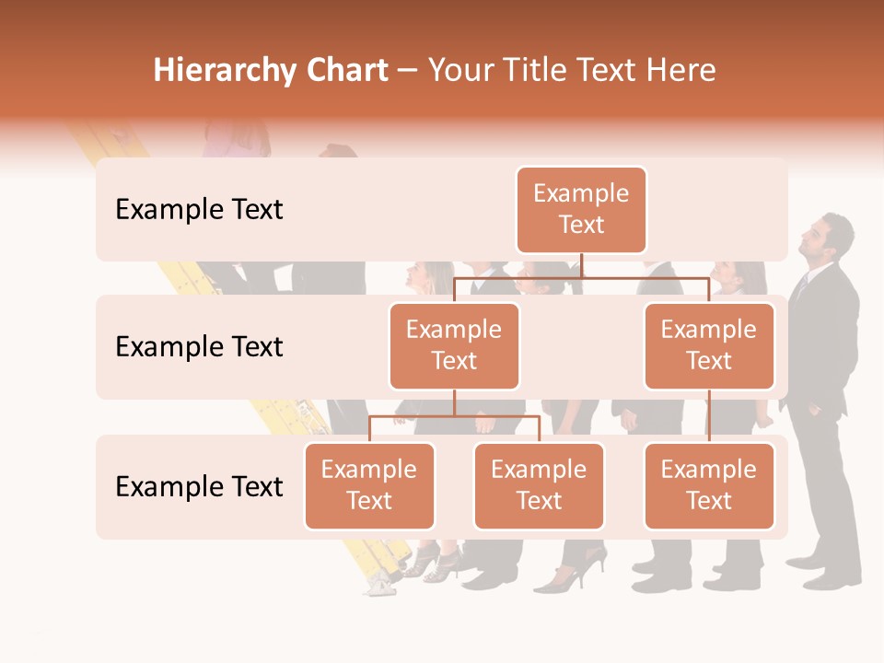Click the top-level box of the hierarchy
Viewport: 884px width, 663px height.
pos(581,210)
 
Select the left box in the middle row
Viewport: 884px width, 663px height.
pos(454,346)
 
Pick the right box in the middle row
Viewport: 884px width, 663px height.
pos(709,346)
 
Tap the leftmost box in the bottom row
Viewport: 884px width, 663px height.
pos(369,486)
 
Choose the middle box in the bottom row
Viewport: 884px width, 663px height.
pos(539,486)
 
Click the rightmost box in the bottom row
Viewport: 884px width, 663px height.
pos(709,486)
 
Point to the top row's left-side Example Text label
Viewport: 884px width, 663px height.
pos(199,210)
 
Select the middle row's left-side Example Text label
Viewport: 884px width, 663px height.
pos(199,347)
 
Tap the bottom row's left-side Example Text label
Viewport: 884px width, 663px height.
pos(199,487)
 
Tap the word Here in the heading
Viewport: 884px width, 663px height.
pos(681,71)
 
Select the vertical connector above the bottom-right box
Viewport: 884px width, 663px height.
pos(709,416)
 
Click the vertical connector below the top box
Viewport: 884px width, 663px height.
pos(581,265)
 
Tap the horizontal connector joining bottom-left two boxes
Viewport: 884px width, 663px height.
pos(454,416)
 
